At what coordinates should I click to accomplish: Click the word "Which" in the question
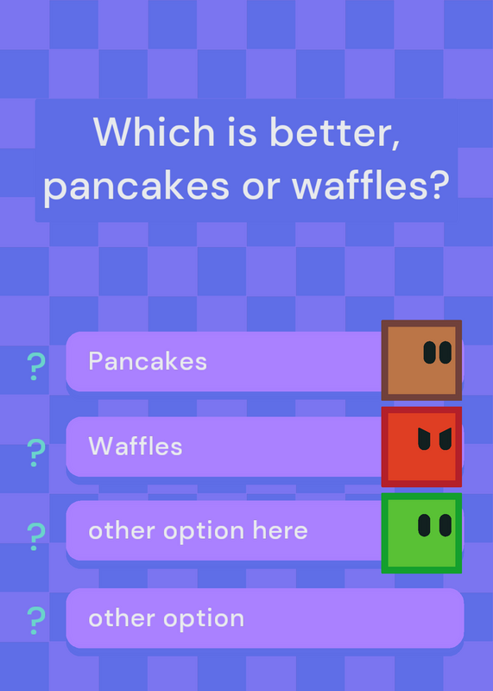[x=154, y=131]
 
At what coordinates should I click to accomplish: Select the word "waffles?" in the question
[x=370, y=185]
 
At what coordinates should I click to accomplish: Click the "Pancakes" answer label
[x=148, y=361]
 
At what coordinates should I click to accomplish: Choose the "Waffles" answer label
[x=136, y=446]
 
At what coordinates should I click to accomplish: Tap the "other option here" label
[x=198, y=531]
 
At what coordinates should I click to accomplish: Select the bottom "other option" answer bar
[x=265, y=618]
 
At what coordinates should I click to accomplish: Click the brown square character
[x=421, y=360]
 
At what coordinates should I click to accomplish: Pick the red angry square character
[x=421, y=447]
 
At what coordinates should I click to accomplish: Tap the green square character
[x=421, y=533]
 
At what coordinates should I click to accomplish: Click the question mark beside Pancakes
[x=36, y=366]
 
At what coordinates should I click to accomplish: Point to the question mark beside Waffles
[x=36, y=453]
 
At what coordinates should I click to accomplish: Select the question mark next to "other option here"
[x=36, y=536]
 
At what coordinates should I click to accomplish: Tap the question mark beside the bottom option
[x=36, y=620]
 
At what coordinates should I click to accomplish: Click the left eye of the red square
[x=424, y=439]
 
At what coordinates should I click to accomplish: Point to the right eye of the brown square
[x=446, y=352]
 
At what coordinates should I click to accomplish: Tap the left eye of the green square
[x=424, y=525]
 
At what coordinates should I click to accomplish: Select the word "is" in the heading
[x=242, y=131]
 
